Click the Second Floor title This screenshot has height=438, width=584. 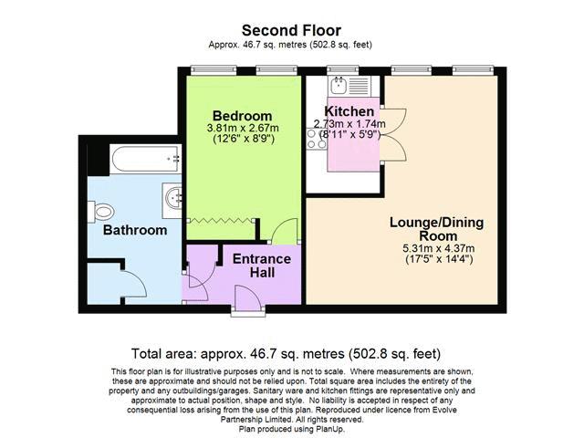[291, 30]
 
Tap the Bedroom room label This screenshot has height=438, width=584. [242, 116]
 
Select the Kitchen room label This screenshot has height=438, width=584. [349, 111]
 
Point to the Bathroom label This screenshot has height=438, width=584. [135, 230]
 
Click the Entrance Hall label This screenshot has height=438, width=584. [262, 266]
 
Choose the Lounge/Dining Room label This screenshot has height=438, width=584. [437, 229]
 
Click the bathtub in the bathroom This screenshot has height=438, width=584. [146, 159]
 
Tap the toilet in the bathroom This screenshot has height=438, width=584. [101, 212]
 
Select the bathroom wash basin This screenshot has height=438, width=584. [172, 201]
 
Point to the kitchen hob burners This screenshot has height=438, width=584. [317, 139]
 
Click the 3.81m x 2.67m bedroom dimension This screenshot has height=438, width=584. [243, 128]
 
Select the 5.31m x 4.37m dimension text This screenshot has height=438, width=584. [439, 248]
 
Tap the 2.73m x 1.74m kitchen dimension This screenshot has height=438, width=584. [349, 124]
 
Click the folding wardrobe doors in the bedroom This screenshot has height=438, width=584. [221, 221]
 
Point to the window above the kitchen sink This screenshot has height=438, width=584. [343, 69]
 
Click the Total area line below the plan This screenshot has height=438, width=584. [286, 353]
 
